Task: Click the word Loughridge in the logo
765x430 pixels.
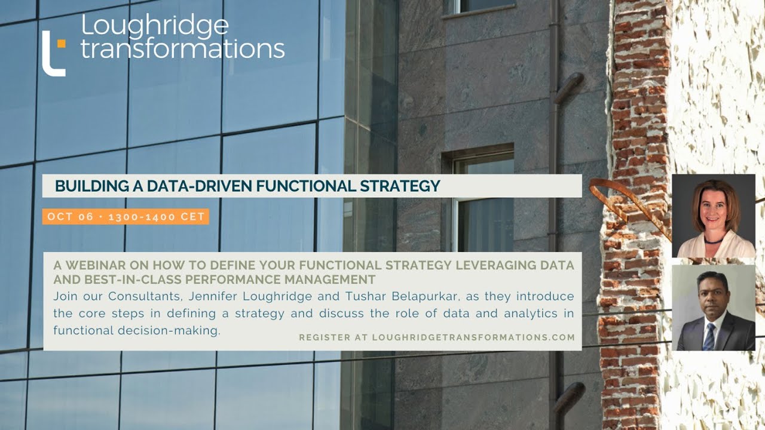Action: tap(154, 26)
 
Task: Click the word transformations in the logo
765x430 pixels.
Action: tap(182, 49)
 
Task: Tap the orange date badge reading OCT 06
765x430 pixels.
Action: tap(126, 217)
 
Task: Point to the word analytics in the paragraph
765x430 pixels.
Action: tap(482, 314)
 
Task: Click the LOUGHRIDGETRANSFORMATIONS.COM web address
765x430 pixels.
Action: tap(473, 337)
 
